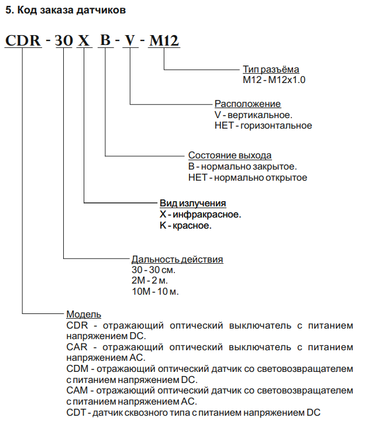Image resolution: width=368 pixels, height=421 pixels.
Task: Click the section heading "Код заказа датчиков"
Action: pyautogui.click(x=71, y=11)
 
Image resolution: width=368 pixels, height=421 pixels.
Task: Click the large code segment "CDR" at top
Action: pyautogui.click(x=23, y=40)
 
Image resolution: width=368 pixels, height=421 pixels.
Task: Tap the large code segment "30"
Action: pyautogui.click(x=64, y=40)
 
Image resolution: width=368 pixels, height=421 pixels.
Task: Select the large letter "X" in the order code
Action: pyautogui.click(x=84, y=40)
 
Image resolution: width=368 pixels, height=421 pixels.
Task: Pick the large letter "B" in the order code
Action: pyautogui.click(x=105, y=40)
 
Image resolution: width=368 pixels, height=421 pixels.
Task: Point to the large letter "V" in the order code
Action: pyautogui.click(x=130, y=40)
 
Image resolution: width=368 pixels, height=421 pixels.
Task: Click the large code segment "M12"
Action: pyautogui.click(x=164, y=40)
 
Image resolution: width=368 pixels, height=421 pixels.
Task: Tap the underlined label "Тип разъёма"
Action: pyautogui.click(x=271, y=69)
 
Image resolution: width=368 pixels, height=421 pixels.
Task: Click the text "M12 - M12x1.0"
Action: pyautogui.click(x=274, y=80)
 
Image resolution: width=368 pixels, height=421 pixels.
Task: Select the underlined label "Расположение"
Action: pyautogui.click(x=247, y=104)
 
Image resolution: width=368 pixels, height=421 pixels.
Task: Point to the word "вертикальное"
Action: pyautogui.click(x=260, y=115)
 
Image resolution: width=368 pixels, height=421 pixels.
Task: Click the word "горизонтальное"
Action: pyautogui.click(x=276, y=126)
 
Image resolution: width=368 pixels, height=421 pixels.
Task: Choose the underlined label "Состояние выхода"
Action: pyautogui.click(x=230, y=155)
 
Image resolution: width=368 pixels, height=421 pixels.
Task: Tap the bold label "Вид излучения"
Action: pyautogui.click(x=192, y=203)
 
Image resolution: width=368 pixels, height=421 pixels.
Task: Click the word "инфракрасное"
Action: pyautogui.click(x=207, y=215)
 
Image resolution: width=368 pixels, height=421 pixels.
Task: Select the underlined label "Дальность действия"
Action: pyautogui.click(x=177, y=259)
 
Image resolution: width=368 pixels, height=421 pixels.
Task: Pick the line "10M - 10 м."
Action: pyautogui.click(x=155, y=291)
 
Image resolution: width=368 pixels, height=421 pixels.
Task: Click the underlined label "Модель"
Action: pyautogui.click(x=84, y=314)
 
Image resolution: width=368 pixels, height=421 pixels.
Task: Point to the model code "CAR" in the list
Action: pyautogui.click(x=77, y=347)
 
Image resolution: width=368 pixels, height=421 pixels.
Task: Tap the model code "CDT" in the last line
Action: pyautogui.click(x=77, y=412)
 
